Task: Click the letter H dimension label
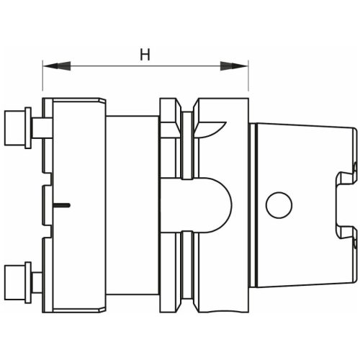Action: [145, 54]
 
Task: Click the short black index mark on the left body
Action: [63, 206]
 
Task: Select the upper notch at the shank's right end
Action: [354, 170]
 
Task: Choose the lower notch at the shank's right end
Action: [354, 232]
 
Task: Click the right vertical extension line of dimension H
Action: [249, 79]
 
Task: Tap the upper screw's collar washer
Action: [28, 127]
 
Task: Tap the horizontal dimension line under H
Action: [145, 66]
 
